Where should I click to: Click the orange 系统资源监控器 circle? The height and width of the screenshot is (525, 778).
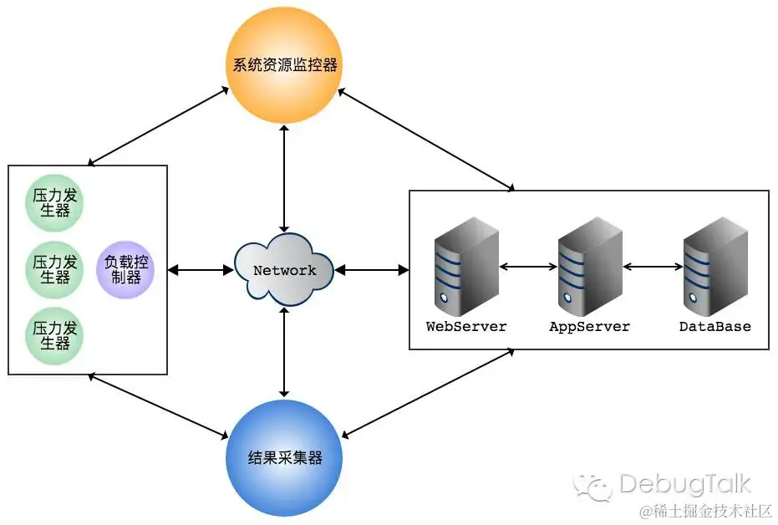click(285, 64)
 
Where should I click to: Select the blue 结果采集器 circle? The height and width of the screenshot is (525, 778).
click(285, 457)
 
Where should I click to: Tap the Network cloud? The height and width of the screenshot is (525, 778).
click(285, 270)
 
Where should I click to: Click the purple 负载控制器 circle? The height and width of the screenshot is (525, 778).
click(125, 269)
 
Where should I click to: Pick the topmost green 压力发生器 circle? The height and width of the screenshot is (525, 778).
click(55, 203)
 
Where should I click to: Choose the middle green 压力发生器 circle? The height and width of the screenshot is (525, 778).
click(55, 269)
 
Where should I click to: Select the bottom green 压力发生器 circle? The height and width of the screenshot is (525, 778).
click(55, 336)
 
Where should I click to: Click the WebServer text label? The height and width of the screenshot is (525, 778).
click(466, 327)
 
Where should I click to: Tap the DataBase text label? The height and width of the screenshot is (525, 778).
click(714, 327)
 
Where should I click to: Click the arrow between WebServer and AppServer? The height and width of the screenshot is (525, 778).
click(528, 268)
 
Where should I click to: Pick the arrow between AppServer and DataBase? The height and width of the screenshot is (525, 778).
click(653, 268)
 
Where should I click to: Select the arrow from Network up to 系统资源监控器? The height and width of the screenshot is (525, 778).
click(285, 178)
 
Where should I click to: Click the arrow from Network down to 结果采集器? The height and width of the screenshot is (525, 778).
click(285, 352)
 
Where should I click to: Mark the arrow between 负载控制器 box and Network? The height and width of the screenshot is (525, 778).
click(201, 270)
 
